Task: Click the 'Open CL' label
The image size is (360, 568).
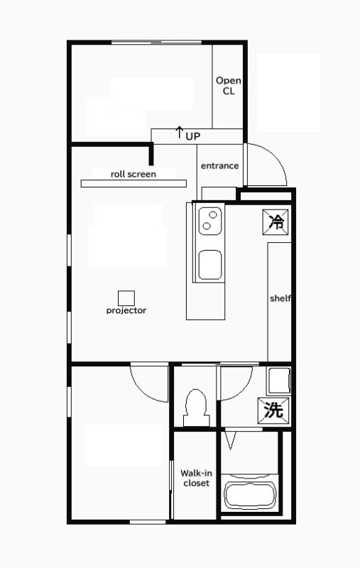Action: (x=228, y=86)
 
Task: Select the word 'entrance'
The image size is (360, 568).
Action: (x=219, y=165)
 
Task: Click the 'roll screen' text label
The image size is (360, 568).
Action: (x=133, y=173)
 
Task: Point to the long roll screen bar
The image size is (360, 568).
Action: (x=133, y=183)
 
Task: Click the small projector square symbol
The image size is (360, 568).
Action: (x=126, y=297)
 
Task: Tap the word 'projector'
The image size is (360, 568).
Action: (x=126, y=310)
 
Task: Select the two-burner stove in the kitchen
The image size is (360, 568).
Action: (x=209, y=222)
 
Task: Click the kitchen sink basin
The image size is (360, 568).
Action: (x=210, y=264)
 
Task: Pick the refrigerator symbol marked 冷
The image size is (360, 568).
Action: (x=276, y=222)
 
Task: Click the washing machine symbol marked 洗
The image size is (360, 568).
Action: (x=273, y=410)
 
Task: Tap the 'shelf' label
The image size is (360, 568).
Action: (x=280, y=298)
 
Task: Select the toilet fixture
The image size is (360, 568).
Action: (x=194, y=407)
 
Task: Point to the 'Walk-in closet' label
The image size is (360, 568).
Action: (x=195, y=478)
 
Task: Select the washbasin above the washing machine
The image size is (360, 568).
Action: (x=278, y=382)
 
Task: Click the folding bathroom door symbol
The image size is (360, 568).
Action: (x=229, y=440)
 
